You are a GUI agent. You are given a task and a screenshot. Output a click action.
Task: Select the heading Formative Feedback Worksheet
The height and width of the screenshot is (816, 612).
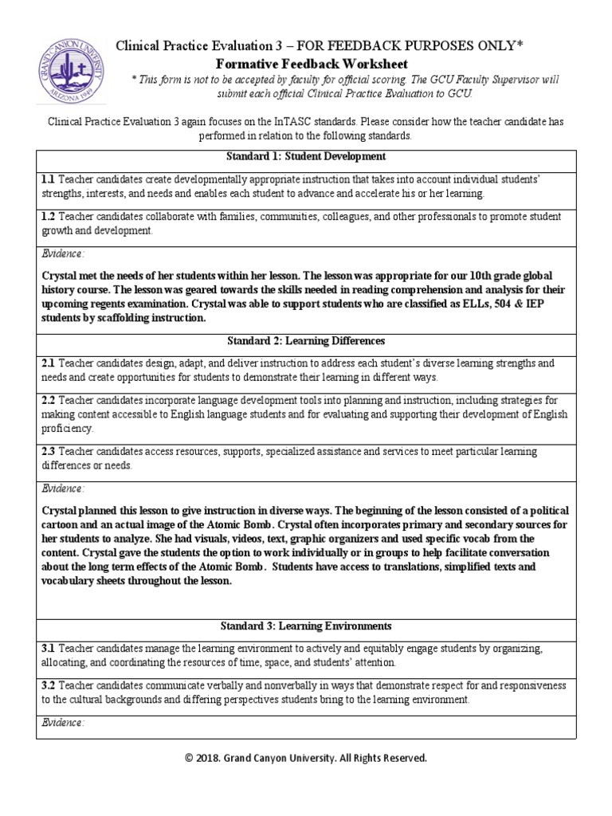tap(312, 64)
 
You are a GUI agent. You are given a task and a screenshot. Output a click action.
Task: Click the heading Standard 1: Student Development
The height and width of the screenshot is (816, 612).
tap(306, 156)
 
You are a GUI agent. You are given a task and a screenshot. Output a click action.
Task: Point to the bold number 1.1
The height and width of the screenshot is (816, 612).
tap(48, 179)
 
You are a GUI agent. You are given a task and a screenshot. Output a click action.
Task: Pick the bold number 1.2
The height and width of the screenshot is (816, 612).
tap(48, 217)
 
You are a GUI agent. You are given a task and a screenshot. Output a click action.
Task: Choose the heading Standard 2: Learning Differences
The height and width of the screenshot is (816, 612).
tap(306, 341)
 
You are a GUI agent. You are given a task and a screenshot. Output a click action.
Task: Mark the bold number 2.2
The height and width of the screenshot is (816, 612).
tap(48, 400)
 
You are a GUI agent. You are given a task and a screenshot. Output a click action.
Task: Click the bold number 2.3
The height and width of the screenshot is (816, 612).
tap(48, 451)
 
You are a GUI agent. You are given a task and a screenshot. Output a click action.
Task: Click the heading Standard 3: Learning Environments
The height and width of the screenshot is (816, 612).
tap(306, 626)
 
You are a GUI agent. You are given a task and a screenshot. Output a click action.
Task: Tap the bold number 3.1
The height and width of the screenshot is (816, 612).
tap(48, 649)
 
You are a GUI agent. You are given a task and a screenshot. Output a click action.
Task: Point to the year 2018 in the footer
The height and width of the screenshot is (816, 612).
tap(219, 758)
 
